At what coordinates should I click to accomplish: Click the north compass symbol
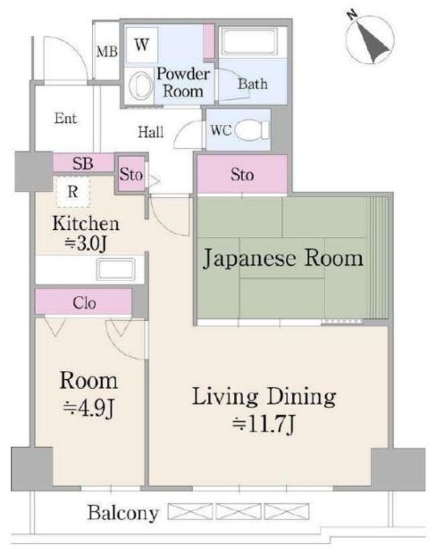click(370, 37)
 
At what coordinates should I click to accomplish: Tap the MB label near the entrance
click(106, 53)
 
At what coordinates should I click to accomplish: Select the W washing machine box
click(142, 45)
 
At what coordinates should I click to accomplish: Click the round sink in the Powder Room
click(141, 86)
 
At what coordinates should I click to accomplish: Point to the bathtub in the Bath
click(249, 42)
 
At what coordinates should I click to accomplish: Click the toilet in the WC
click(252, 130)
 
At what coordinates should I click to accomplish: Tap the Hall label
click(151, 132)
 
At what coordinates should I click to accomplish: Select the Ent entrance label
click(65, 118)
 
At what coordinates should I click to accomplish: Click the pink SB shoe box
click(83, 163)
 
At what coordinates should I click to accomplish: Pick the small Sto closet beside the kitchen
click(131, 174)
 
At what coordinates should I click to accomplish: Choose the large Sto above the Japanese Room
click(242, 174)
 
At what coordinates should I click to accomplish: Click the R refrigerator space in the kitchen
click(73, 192)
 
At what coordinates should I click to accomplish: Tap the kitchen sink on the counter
click(115, 269)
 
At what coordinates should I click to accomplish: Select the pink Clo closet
click(84, 302)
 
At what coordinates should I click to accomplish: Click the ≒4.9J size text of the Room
click(88, 408)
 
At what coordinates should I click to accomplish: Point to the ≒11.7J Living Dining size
click(264, 424)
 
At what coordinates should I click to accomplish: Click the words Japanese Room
click(283, 259)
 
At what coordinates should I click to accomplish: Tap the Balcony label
click(122, 513)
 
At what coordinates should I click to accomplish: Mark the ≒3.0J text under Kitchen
click(86, 243)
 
